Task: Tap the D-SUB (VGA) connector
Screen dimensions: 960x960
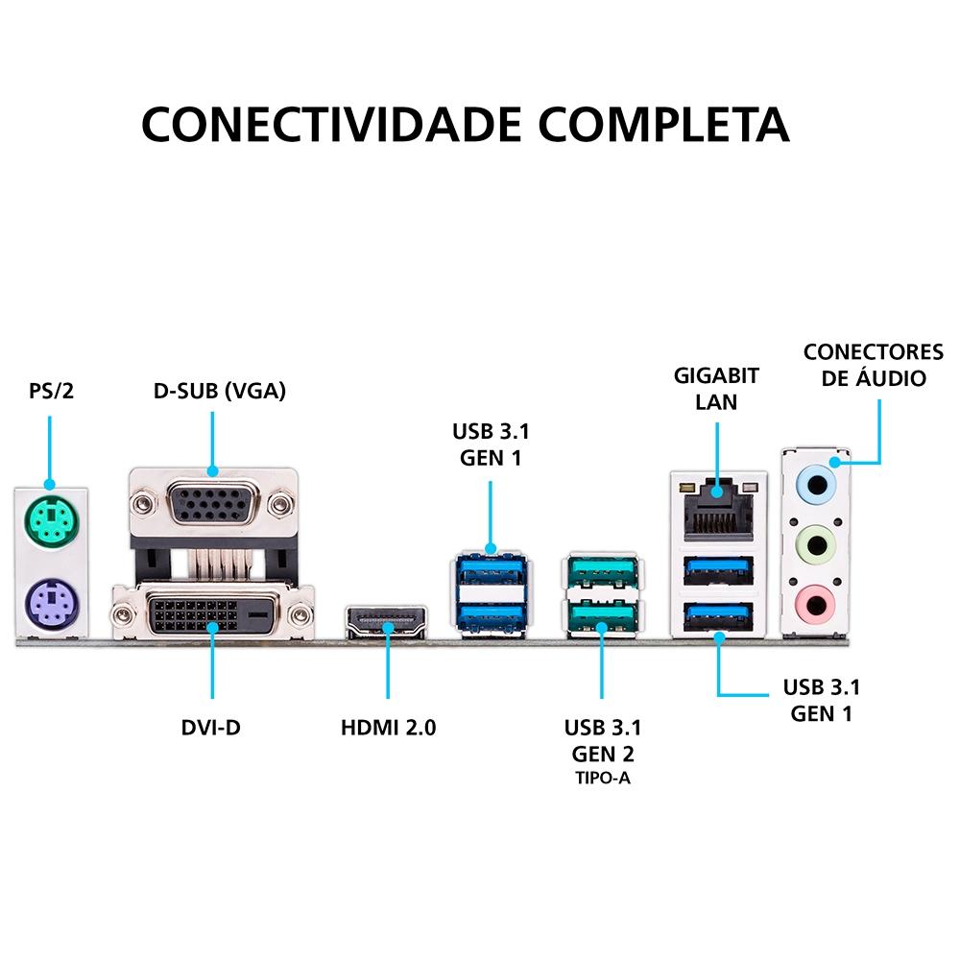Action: point(212,502)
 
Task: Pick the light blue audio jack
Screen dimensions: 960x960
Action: point(816,484)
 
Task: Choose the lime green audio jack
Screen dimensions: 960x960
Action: point(816,546)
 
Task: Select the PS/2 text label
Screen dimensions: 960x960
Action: point(51,392)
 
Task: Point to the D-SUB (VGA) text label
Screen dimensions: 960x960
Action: point(220,391)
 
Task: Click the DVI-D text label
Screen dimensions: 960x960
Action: point(211,727)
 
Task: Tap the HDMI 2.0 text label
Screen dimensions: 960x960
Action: point(388,727)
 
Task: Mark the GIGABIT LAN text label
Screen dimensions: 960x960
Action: point(716,388)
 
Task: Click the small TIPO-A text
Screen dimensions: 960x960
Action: point(603,777)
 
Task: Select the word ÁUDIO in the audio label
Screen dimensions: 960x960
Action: point(890,378)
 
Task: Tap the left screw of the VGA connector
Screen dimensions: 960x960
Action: point(144,502)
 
